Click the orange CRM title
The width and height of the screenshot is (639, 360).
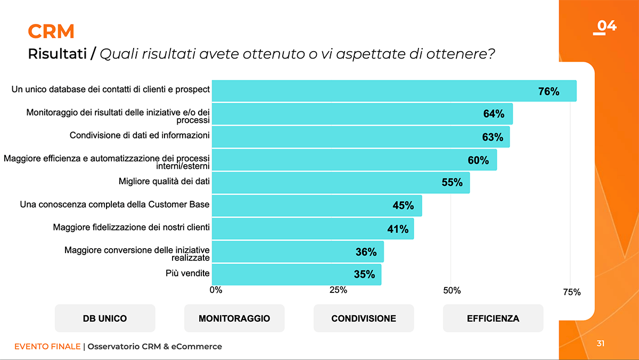pos(51,32)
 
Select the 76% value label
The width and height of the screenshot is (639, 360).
pos(548,91)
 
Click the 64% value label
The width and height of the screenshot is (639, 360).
pos(494,114)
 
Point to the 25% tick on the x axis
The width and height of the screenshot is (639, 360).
pos(338,290)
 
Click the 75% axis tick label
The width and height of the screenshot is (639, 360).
pos(571,292)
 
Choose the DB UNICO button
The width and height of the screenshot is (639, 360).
pos(105,318)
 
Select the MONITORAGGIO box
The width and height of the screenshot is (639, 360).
pos(234,318)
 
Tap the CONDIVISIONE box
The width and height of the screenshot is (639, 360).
pos(364,318)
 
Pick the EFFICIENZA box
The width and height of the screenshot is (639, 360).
pos(493,318)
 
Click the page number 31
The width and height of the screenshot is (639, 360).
pos(601,343)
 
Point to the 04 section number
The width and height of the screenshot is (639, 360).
pos(606,26)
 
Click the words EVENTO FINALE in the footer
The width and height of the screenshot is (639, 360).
pos(47,347)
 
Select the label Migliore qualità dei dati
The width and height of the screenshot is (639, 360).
pos(164,182)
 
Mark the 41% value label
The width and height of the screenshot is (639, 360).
pos(398,229)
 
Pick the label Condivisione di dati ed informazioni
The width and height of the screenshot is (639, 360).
pos(140,135)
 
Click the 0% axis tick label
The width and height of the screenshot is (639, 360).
pos(216,290)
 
